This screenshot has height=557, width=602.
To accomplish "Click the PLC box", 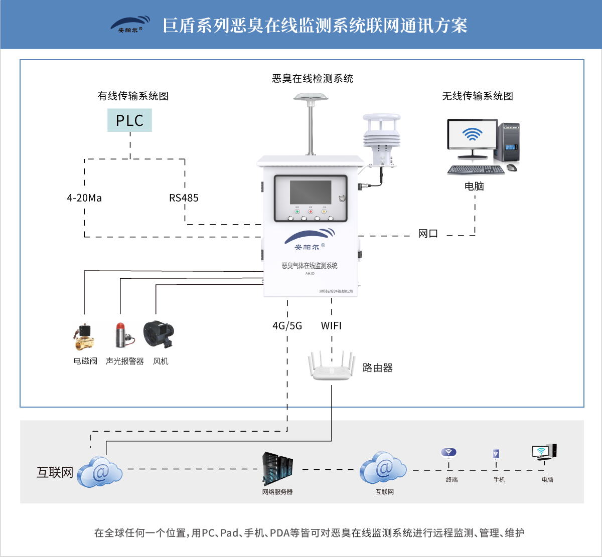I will (x=129, y=120).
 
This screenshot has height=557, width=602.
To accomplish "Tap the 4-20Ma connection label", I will (x=84, y=198).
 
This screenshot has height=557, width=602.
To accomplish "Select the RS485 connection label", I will (x=184, y=198).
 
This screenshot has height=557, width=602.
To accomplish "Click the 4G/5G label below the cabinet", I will (x=287, y=326).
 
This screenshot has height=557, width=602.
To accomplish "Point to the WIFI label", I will (x=331, y=326).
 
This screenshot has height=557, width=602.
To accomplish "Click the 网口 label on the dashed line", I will (x=428, y=234).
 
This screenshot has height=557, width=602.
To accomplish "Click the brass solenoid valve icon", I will (x=84, y=336).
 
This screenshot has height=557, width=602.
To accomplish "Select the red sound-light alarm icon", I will (x=121, y=335).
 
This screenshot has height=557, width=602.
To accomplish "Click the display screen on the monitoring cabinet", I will (x=311, y=193).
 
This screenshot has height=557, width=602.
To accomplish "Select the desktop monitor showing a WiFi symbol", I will (x=472, y=134).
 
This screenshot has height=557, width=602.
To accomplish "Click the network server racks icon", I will (x=277, y=468).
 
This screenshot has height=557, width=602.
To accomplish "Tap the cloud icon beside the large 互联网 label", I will (x=100, y=472).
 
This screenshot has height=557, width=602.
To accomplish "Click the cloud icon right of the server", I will (x=383, y=468).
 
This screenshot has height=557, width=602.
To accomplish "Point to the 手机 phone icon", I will (x=496, y=454).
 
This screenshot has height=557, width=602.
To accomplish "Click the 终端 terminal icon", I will (x=448, y=453).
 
